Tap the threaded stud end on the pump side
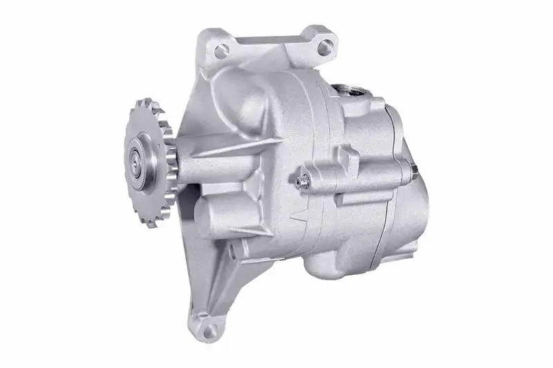(301, 181)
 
